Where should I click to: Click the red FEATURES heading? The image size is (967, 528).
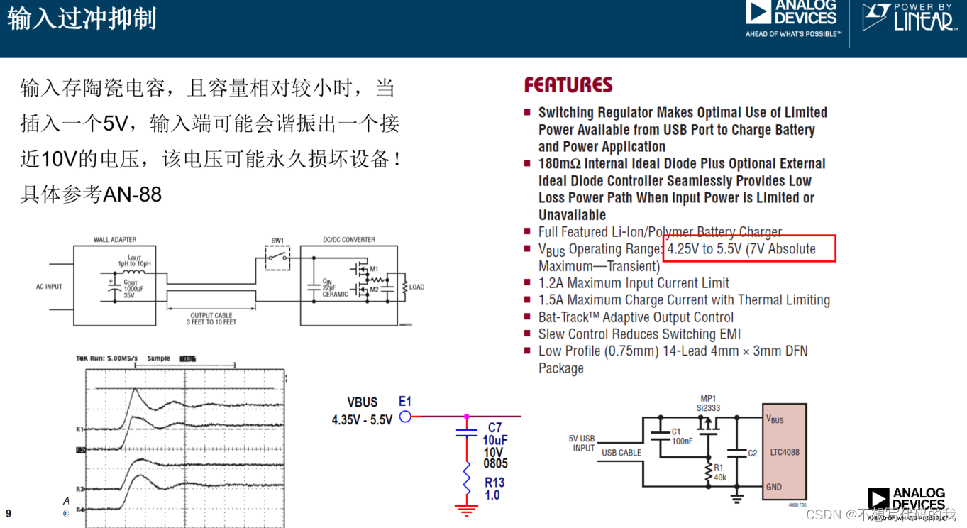tap(568, 85)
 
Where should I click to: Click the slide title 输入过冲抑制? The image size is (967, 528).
tap(82, 19)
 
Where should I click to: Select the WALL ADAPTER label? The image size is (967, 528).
tap(115, 240)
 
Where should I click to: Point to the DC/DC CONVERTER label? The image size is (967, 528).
tap(349, 240)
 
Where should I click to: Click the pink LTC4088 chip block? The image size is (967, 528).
tap(784, 451)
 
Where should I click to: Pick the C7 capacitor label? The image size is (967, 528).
tap(494, 428)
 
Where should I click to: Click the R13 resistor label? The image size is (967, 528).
tap(494, 483)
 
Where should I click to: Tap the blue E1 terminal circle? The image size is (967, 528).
tap(405, 417)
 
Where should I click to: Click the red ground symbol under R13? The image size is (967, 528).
tap(466, 509)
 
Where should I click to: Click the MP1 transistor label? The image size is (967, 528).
tap(708, 398)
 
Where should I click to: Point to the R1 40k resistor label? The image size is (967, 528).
tap(719, 473)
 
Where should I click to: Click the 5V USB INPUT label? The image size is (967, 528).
tap(582, 443)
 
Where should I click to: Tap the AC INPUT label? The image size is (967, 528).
tap(49, 287)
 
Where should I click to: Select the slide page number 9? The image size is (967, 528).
tap(9, 513)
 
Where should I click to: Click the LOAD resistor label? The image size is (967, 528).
tap(416, 287)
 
